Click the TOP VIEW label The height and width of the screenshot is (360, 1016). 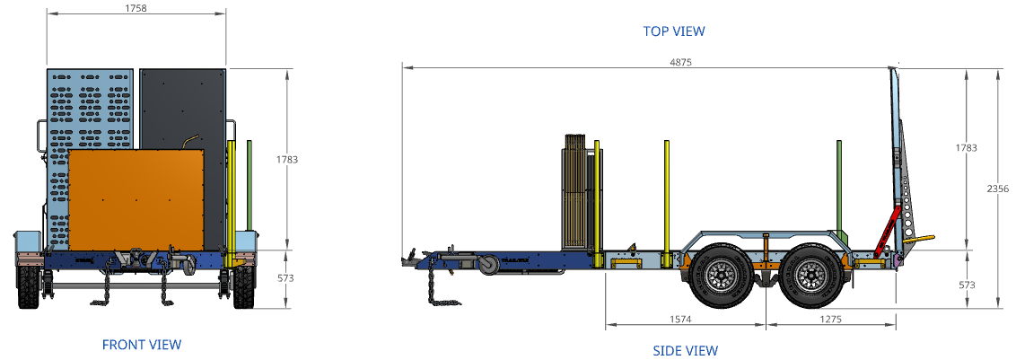(674, 31)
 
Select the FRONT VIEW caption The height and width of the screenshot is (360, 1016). (142, 345)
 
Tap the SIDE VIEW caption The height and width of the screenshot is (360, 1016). (686, 351)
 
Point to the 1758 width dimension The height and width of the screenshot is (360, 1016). (136, 8)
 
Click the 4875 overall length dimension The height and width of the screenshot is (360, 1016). (680, 62)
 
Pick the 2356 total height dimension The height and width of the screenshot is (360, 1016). (997, 189)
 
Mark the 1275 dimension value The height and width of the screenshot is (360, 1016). (831, 319)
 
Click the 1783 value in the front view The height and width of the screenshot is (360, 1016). (286, 159)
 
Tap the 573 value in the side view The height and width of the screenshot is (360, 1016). (966, 285)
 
